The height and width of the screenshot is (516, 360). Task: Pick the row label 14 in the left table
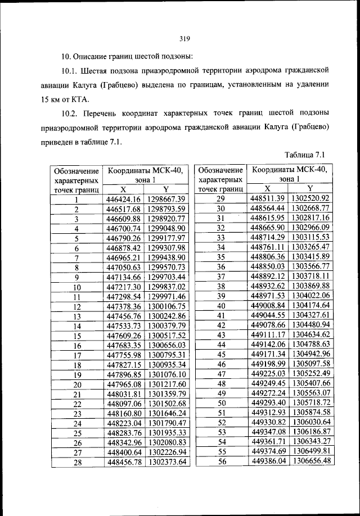(x=76, y=325)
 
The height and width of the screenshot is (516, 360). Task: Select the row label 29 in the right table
(x=220, y=198)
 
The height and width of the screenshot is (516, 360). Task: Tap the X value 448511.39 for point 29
(x=268, y=198)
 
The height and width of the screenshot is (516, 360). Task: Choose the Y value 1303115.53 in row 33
(x=309, y=237)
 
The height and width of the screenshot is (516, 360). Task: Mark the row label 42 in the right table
(x=220, y=325)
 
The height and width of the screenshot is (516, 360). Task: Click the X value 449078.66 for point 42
(x=268, y=325)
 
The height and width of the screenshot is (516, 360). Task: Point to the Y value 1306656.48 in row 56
(x=309, y=461)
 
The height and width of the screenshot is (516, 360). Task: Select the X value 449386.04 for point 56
(x=268, y=461)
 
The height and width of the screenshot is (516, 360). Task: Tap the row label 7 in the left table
(x=76, y=257)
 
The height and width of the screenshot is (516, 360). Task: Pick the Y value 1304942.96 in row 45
(x=309, y=354)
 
